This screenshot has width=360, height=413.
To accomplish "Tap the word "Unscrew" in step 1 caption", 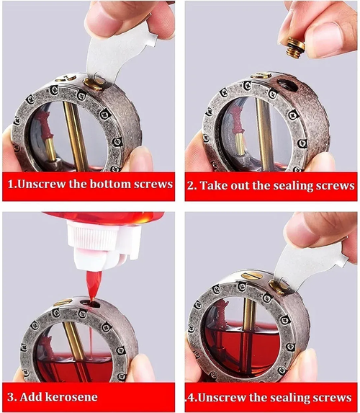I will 50,184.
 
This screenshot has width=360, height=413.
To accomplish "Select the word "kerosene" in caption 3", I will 72,396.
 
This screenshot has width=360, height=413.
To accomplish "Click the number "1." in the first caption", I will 14,184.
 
